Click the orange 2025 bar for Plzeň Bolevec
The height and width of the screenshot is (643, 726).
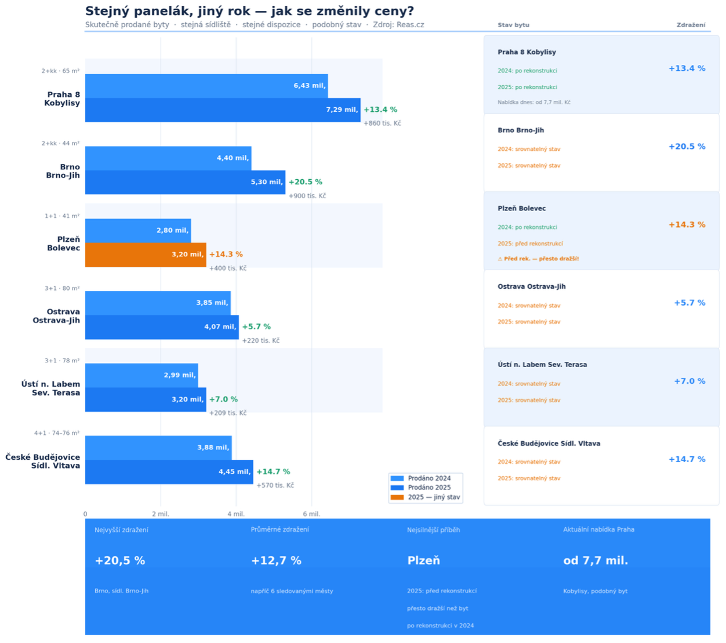click(146, 255)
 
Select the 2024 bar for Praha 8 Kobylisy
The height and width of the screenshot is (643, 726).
click(206, 86)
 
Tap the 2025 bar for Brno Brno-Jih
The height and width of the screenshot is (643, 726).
click(185, 182)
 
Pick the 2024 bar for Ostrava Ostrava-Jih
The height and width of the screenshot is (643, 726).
click(158, 303)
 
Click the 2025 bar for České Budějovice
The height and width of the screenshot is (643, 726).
click(169, 472)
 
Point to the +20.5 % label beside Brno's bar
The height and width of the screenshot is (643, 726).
click(306, 182)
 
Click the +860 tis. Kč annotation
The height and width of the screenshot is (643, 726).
click(382, 123)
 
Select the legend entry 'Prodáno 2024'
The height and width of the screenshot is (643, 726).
click(429, 478)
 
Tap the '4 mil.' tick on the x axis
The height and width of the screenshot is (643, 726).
click(236, 514)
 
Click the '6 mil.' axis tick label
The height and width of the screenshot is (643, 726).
click(311, 514)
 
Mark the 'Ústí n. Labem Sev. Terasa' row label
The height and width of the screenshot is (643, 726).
click(50, 388)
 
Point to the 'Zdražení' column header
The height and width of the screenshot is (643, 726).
click(691, 25)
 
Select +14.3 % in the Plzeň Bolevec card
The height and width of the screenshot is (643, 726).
click(687, 225)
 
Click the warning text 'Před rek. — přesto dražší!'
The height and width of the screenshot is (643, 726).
click(540, 259)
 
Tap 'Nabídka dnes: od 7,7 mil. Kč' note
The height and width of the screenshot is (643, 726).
click(533, 103)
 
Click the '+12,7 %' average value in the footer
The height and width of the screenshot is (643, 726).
click(276, 561)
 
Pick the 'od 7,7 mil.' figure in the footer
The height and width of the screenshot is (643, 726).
click(596, 561)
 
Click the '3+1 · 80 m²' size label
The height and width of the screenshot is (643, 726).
click(62, 288)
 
